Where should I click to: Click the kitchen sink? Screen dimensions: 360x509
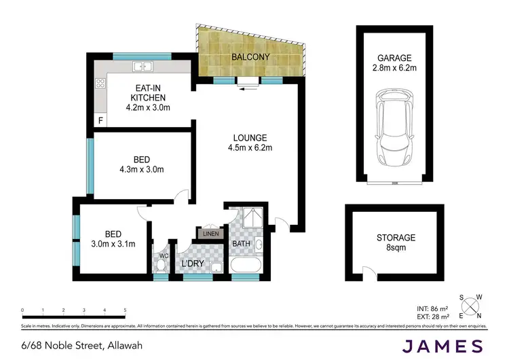tap(143, 67)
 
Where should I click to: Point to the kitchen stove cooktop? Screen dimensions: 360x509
tap(101, 84)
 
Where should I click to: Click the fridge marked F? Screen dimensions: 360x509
tap(101, 121)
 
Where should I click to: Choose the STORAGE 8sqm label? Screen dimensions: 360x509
tap(396, 242)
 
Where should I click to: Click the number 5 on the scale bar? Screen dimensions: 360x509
tap(126, 310)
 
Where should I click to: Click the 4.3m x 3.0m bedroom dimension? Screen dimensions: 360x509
tap(141, 170)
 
